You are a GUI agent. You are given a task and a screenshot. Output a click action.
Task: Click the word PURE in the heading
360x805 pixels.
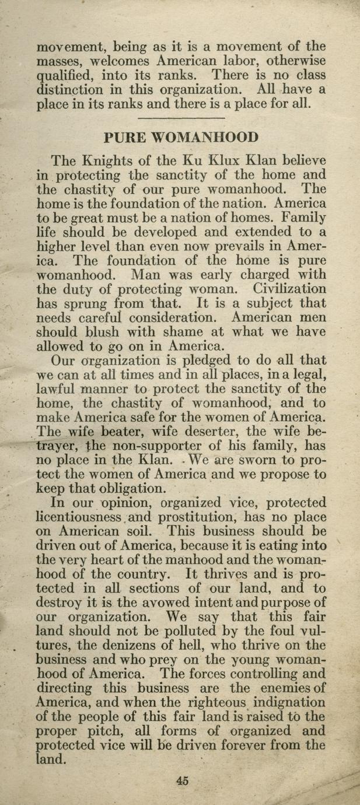[x=124, y=138]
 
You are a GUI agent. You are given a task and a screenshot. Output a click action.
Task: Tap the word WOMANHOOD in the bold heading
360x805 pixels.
[x=204, y=138]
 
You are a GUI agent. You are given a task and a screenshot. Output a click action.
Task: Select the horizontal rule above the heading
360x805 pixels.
[x=180, y=118]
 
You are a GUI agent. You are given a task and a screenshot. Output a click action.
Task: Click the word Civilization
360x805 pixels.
[x=290, y=288]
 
